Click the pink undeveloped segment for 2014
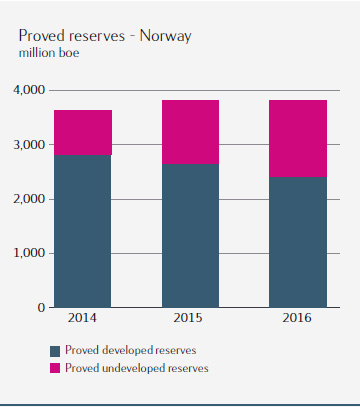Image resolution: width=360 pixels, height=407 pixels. [83, 132]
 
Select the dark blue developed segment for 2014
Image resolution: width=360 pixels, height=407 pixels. [83, 231]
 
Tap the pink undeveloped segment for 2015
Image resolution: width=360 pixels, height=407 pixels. [190, 132]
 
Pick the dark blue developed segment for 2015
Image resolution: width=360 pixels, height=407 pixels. [190, 236]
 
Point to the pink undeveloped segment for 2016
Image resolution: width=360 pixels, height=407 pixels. [298, 138]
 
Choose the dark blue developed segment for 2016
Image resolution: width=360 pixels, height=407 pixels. [298, 242]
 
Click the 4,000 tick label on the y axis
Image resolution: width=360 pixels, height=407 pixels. [29, 90]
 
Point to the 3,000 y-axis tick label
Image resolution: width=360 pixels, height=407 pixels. [29, 145]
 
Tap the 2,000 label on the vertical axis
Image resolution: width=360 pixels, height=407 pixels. [29, 199]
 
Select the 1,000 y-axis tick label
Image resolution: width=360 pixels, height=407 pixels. [29, 253]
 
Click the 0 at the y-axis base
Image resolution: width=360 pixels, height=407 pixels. [41, 307]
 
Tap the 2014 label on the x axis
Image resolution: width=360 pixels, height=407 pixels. [82, 318]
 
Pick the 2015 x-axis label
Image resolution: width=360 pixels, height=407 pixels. [188, 318]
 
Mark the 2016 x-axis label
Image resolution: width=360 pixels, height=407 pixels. [297, 318]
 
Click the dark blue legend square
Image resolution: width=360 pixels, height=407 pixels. [55, 351]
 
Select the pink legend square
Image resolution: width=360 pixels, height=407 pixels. [55, 368]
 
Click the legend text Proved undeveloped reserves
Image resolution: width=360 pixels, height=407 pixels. [137, 368]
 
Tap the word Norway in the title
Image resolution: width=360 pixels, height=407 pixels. [166, 36]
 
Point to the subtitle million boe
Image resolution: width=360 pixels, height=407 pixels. [49, 53]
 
